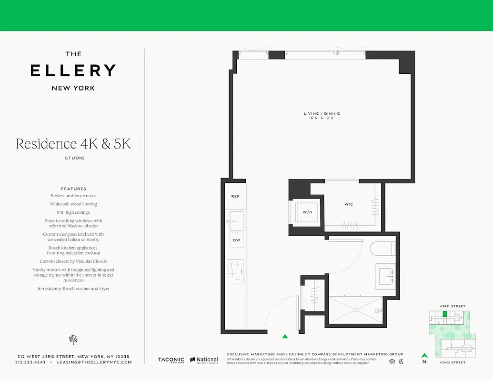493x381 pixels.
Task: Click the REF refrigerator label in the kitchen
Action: (235, 196)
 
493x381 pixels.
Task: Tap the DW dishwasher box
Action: (236, 241)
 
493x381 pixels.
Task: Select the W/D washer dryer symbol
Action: (307, 212)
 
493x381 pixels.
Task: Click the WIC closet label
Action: (349, 204)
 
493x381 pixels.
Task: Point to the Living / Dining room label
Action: (322, 113)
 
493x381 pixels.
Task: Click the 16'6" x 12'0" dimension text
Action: (322, 118)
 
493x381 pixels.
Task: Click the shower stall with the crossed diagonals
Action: (356, 310)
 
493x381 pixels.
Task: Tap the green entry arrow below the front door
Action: (285, 337)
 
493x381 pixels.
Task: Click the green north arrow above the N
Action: (424, 355)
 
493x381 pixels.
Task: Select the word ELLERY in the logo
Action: (73, 70)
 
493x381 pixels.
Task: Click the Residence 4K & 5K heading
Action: (73, 144)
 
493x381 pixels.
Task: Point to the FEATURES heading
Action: (73, 189)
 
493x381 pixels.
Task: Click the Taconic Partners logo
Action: (171, 361)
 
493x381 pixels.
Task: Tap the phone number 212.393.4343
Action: (30, 362)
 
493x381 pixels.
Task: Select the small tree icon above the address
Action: (73, 339)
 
